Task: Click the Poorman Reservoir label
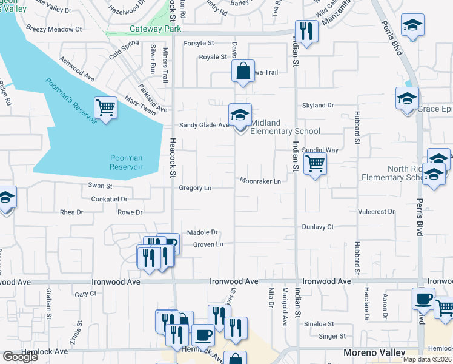pos(127,162)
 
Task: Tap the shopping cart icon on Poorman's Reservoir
pos(105,108)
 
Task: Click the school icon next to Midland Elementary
pos(240,114)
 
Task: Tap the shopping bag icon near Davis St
pos(242,70)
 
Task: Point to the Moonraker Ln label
pos(260,181)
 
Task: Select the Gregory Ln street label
pos(195,188)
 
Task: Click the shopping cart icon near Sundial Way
pos(315,163)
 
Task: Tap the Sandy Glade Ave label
pos(203,125)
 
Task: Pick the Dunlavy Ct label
pos(318,227)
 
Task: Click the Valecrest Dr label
pos(376,212)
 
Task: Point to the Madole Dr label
pos(202,232)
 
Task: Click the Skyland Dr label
pos(318,105)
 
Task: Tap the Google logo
pos(20,357)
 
